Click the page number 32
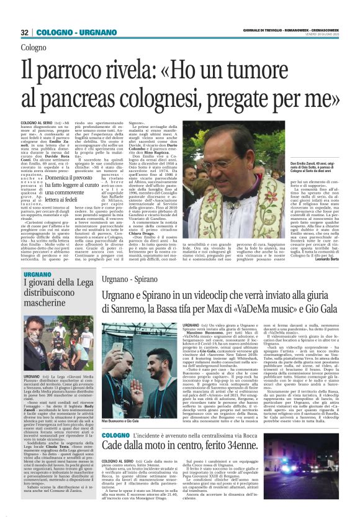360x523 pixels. click(x=24, y=32)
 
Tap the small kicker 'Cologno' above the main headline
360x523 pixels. click(x=33, y=47)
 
